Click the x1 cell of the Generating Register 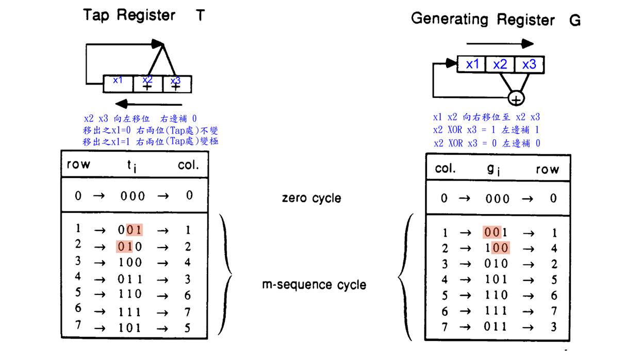pyautogui.click(x=472, y=64)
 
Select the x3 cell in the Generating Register pyautogui.click(x=529, y=64)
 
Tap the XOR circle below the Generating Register pyautogui.click(x=516, y=97)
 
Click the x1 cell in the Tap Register pyautogui.click(x=118, y=83)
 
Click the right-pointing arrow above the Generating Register pyautogui.click(x=500, y=43)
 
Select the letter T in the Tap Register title pyautogui.click(x=200, y=15)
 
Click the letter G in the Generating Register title pyautogui.click(x=575, y=20)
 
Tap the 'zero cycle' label pyautogui.click(x=312, y=198)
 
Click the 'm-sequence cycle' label pyautogui.click(x=314, y=285)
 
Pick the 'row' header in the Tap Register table pyautogui.click(x=78, y=165)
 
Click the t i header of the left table pyautogui.click(x=132, y=166)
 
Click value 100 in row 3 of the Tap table pyautogui.click(x=130, y=263)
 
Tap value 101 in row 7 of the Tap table pyautogui.click(x=130, y=328)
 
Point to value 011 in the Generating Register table pyautogui.click(x=497, y=326)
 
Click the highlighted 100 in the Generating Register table pyautogui.click(x=497, y=248)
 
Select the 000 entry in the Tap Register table pyautogui.click(x=133, y=196)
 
